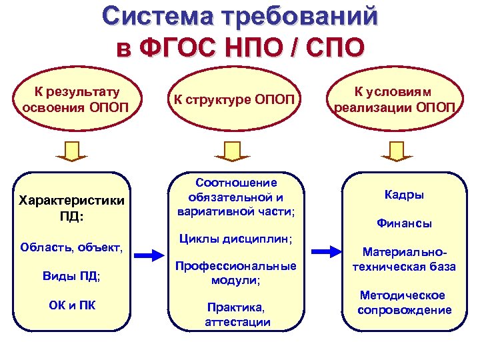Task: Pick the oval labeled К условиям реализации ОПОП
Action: pyautogui.click(x=396, y=100)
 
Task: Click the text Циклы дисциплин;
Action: pyautogui.click(x=237, y=238)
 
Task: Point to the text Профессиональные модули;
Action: pyautogui.click(x=236, y=273)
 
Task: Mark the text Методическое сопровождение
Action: pyautogui.click(x=404, y=303)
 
